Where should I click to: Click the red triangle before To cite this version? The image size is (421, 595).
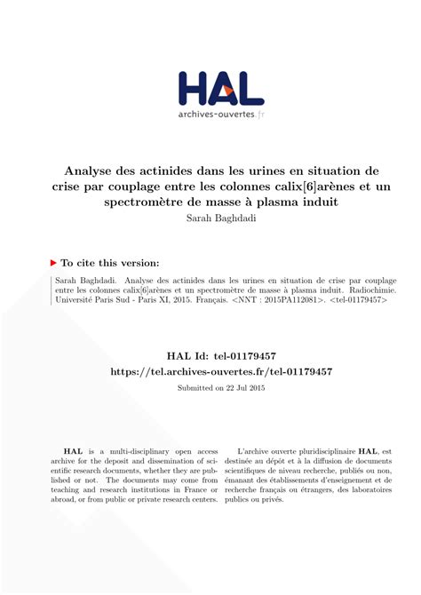click(x=54, y=263)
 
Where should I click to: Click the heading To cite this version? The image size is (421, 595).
click(x=110, y=263)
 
